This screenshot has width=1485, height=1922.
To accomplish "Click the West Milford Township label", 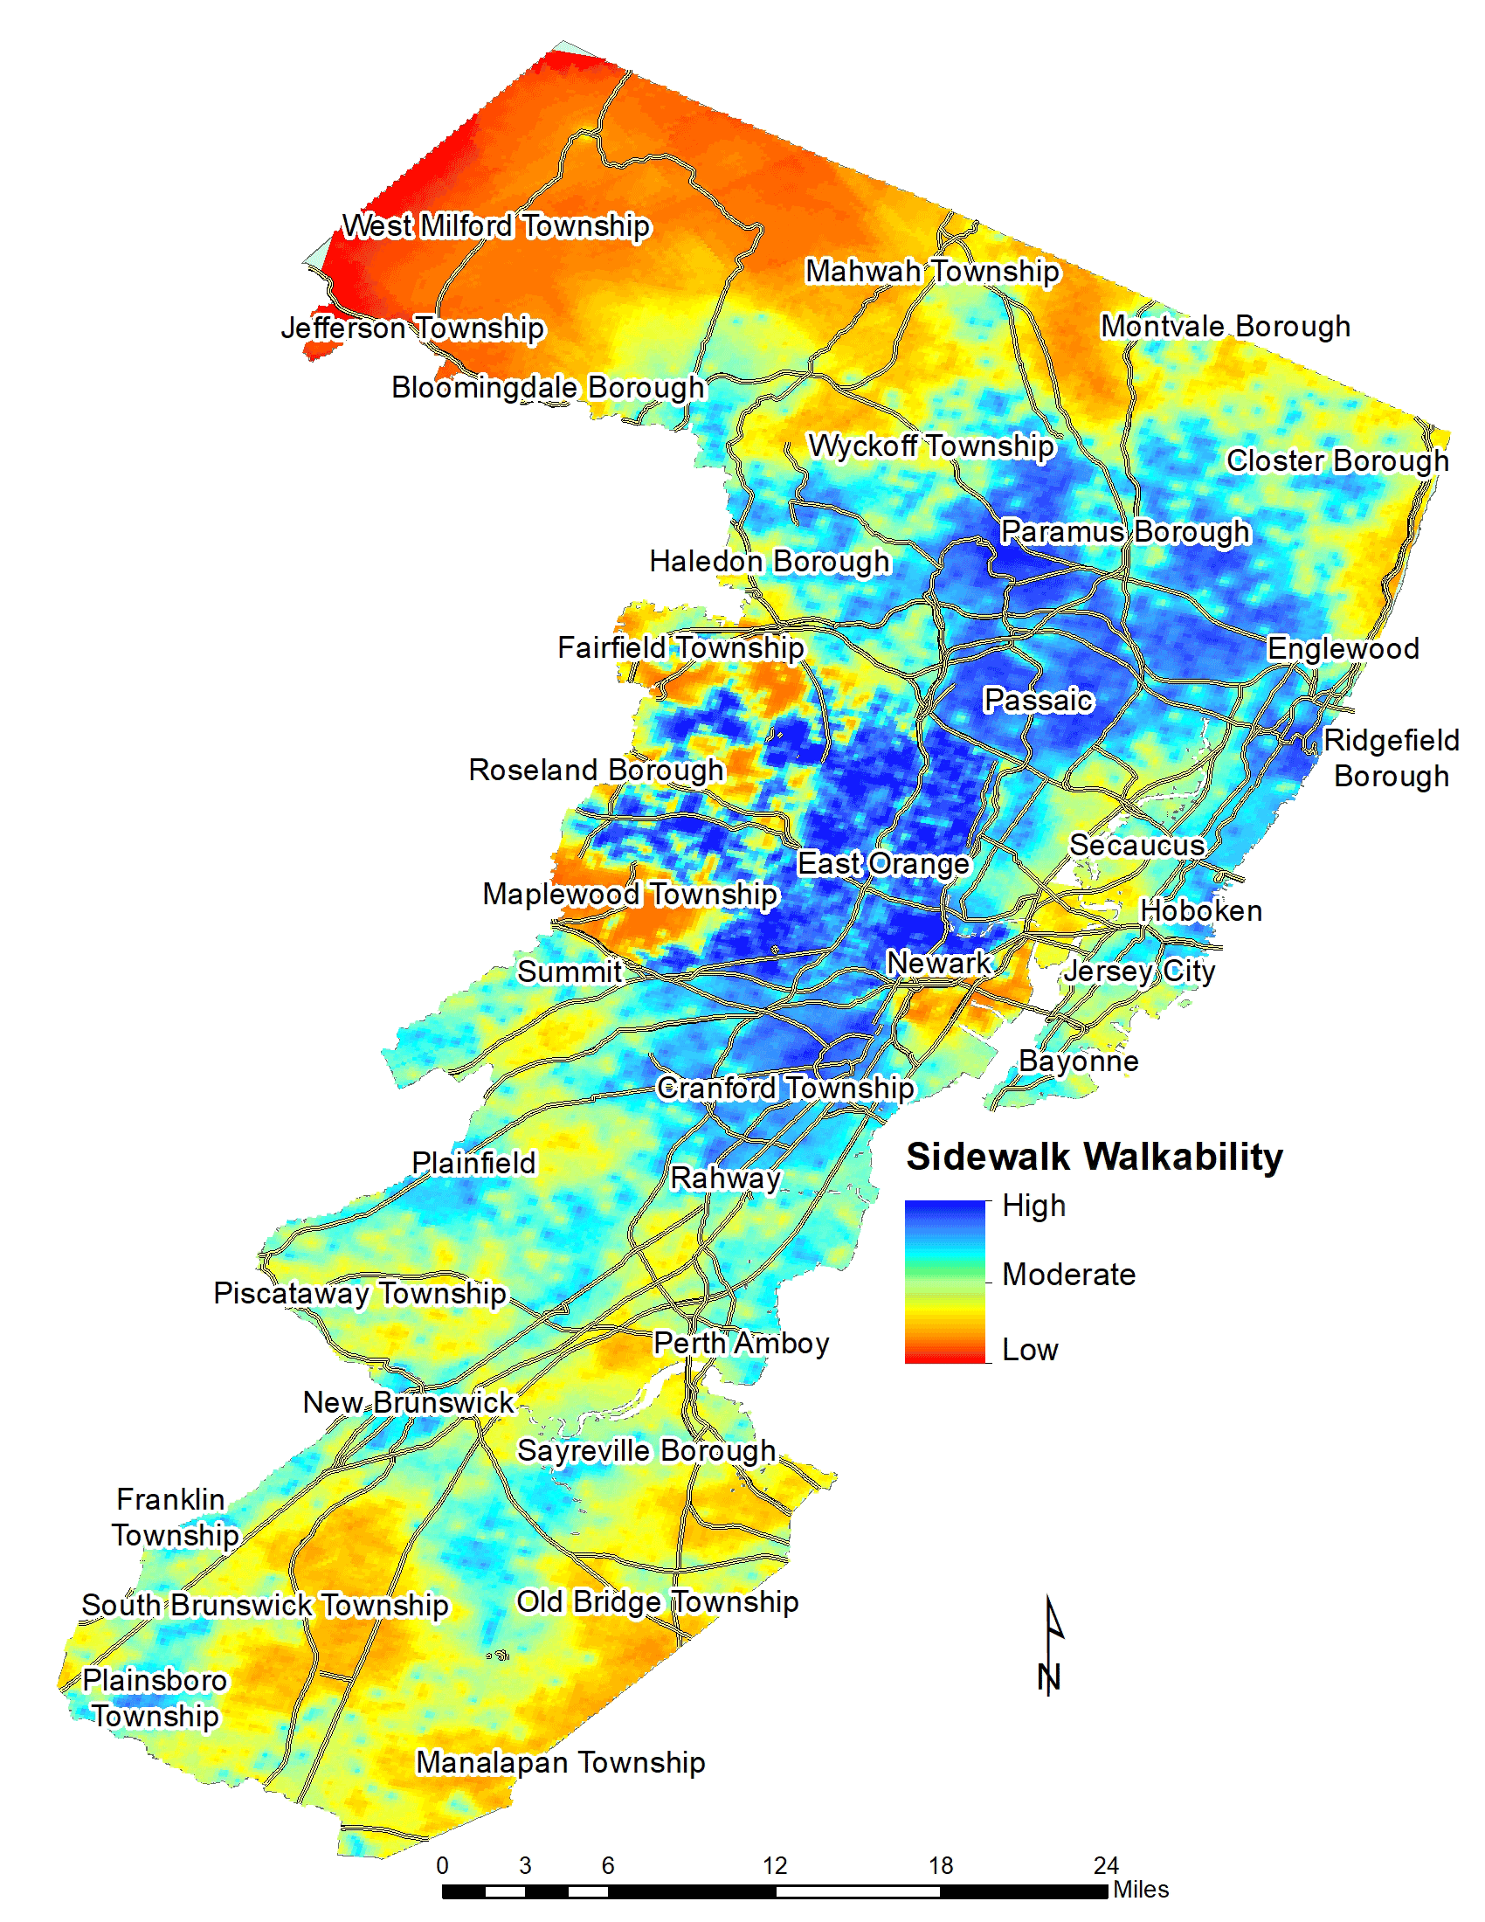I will point(496,226).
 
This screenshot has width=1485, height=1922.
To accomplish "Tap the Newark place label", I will point(938,963).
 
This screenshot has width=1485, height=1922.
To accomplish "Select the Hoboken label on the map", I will point(1201,911).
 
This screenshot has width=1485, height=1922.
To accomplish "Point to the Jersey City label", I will point(1139,971).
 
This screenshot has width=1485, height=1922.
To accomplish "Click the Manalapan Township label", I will point(561,1763).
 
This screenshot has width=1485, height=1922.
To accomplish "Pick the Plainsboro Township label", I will point(155,1698).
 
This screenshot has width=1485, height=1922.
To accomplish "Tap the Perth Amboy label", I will point(741,1343).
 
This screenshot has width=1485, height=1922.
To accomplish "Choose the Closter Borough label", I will point(1337,460).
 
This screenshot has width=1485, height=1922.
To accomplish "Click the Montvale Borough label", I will point(1226,327).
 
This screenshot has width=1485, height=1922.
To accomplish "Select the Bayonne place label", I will point(1079,1061).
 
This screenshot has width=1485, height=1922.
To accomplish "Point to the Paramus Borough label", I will point(1125,531).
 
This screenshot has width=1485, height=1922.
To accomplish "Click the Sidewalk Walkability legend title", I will point(1095,1158).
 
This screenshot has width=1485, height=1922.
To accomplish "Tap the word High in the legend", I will point(1033,1206).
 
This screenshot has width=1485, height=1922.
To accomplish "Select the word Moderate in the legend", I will point(1069,1275).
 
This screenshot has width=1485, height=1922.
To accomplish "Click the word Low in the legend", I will point(1029,1350).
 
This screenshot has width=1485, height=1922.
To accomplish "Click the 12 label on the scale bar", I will point(774,1866).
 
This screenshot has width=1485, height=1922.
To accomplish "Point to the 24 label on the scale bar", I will point(1106,1866).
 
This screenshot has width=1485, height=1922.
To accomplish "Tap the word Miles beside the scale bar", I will point(1141,1890).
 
